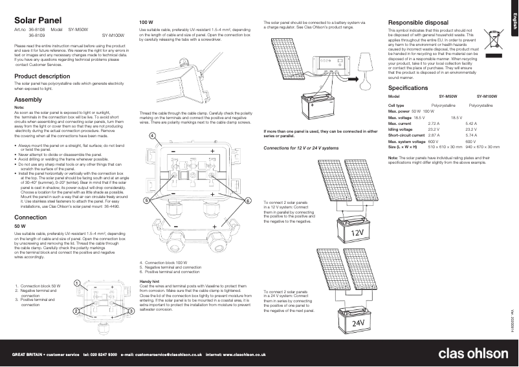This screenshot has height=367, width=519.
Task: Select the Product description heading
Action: pos(41,76)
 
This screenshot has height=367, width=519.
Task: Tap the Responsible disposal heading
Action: pos(418,22)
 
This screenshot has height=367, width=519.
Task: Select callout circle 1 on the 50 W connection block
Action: pos(76,284)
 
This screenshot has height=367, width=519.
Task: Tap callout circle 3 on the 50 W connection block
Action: pos(131,311)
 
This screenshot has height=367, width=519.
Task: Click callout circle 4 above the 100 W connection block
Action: pos(151,135)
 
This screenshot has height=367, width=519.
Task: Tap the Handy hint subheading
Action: pos(149,282)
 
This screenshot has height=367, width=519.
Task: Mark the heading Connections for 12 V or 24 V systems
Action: pos(301,148)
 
